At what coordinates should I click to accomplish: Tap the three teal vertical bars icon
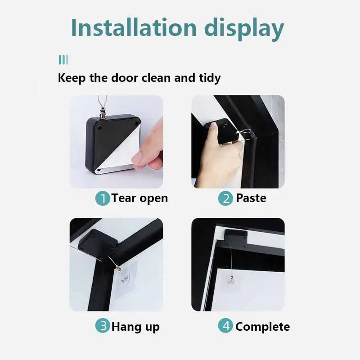(63, 60)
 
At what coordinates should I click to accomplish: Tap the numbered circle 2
(225, 198)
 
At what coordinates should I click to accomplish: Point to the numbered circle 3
(103, 326)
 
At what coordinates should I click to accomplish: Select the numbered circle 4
(225, 326)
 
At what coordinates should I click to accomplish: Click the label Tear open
(139, 198)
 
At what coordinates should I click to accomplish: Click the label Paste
(251, 198)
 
